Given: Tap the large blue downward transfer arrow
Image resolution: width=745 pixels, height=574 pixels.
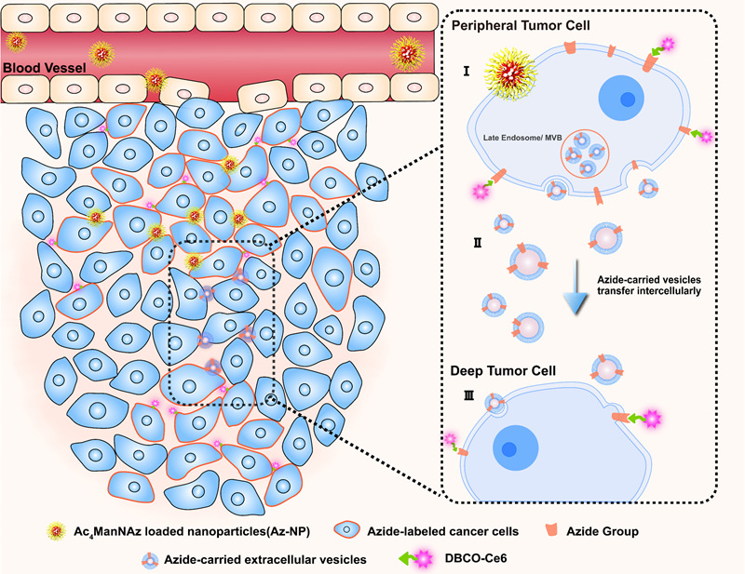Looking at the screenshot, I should pos(576,292).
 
